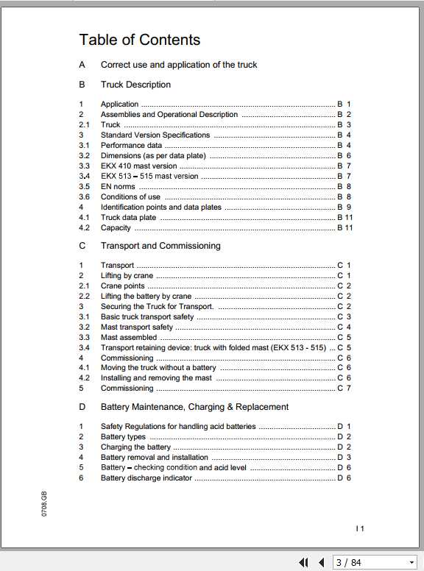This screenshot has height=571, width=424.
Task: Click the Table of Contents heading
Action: [139, 40]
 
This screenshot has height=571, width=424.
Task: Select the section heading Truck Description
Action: [135, 85]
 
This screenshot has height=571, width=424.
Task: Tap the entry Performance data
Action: [131, 146]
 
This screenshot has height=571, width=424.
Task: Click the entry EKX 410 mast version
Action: [139, 166]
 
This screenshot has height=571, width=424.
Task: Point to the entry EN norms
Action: [118, 187]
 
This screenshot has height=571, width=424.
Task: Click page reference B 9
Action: [344, 208]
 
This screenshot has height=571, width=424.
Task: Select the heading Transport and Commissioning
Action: [160, 246]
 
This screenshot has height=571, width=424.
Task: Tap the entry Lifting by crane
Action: [127, 275]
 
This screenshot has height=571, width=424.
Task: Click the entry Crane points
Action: [123, 285]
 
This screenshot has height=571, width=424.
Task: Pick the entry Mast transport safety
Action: [137, 327]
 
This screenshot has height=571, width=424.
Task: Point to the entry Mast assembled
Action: [129, 337]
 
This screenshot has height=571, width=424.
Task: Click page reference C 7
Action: [344, 389]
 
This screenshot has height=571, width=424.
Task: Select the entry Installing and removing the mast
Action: [156, 378]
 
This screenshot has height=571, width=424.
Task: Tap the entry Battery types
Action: [123, 437]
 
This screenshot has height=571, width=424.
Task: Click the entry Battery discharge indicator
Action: [146, 478]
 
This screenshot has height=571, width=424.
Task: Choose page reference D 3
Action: [344, 458]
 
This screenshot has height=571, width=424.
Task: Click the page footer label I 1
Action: [360, 528]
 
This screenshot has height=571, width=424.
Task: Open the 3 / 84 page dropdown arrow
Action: [411, 563]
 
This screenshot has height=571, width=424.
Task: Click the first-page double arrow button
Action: [303, 563]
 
